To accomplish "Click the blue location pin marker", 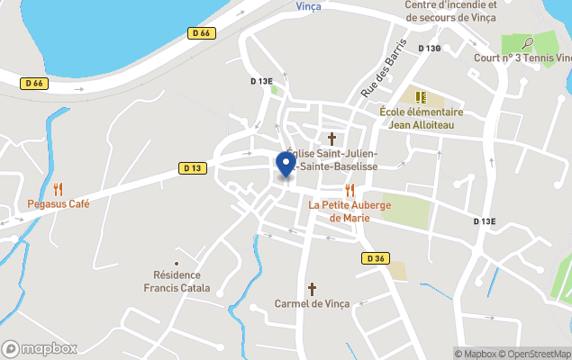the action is coord(286,165).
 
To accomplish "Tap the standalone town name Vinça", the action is coord(308,5).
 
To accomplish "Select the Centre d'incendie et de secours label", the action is coord(450,11).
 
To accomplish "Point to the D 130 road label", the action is coord(429,49).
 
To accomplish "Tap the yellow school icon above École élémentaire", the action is coord(420,96).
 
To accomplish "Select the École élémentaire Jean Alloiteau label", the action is coord(422,119).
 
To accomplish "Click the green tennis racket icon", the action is coord(527,41).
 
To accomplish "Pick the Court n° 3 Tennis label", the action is coord(522,58).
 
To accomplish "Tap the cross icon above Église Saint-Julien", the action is coord(332,139).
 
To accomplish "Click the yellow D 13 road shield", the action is coord(192,167).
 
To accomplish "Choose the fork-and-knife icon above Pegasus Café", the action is coord(59,189).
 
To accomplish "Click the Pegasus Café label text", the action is coord(59,204).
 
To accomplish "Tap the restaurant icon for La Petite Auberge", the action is coord(350,190).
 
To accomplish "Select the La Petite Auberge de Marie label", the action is coord(350,211).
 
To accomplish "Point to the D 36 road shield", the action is coord(377,258).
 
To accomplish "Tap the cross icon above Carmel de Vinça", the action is coord(313,289).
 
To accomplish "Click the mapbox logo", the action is coord(40,348).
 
